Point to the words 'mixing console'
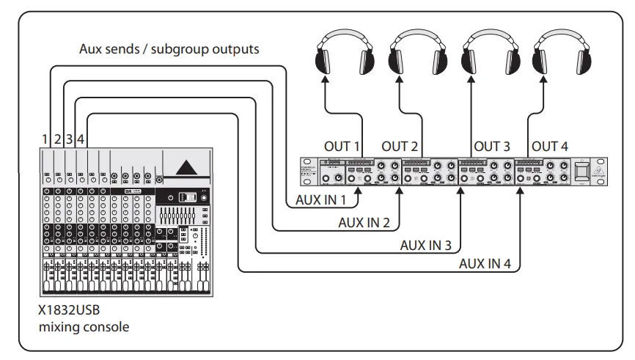click(x=84, y=326)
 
